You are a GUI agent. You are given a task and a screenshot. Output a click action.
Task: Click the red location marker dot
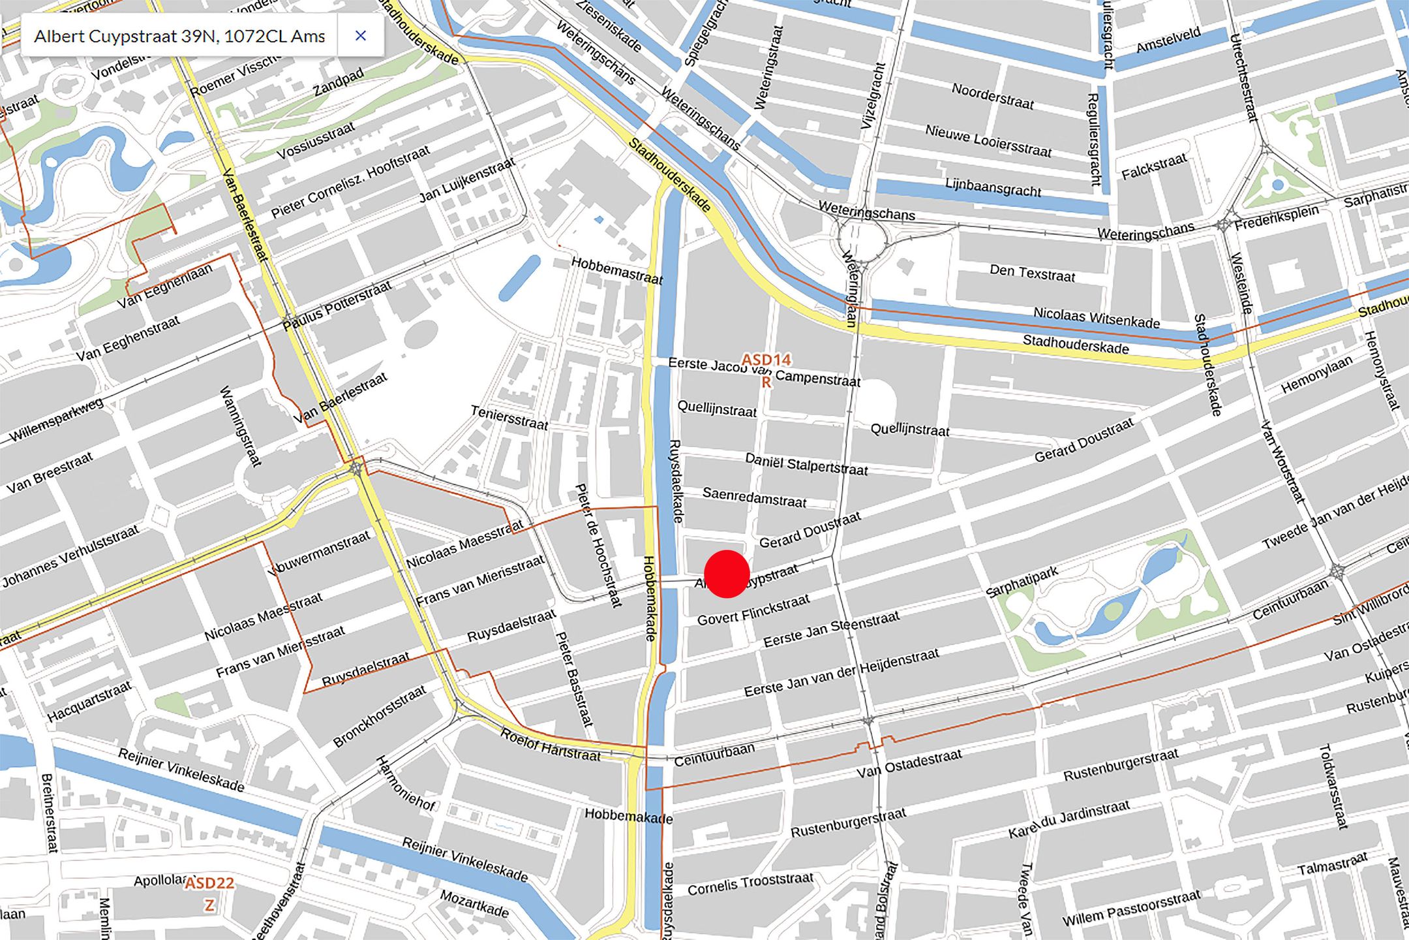(x=727, y=574)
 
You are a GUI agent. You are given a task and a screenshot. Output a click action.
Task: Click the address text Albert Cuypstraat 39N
(x=179, y=37)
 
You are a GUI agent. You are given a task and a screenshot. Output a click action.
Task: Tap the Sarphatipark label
(x=1022, y=582)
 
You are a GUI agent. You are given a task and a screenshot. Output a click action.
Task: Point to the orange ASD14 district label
(x=766, y=360)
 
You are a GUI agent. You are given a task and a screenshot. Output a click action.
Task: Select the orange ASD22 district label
(x=209, y=884)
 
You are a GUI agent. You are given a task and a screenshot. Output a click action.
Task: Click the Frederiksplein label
(x=1277, y=217)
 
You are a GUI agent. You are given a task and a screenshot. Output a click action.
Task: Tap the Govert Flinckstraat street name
(x=753, y=610)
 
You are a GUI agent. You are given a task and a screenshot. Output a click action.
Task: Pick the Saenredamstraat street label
(x=754, y=497)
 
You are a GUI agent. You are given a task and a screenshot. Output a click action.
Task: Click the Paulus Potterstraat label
(x=337, y=305)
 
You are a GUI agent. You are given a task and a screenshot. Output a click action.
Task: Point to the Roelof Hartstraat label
(x=550, y=745)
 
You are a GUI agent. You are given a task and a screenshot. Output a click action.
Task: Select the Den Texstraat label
(x=1032, y=273)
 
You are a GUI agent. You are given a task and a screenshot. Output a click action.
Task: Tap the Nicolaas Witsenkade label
(x=1097, y=317)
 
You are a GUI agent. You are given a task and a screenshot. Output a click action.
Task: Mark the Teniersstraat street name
(x=509, y=418)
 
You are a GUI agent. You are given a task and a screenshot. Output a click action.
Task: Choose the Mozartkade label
(x=474, y=903)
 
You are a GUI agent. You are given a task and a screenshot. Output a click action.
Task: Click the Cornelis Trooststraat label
(x=750, y=885)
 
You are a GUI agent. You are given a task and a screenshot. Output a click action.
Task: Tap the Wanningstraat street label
(x=241, y=426)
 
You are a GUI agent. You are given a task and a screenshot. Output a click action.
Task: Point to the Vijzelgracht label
(x=873, y=95)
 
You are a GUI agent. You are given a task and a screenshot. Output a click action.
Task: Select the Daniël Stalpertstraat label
(x=806, y=464)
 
